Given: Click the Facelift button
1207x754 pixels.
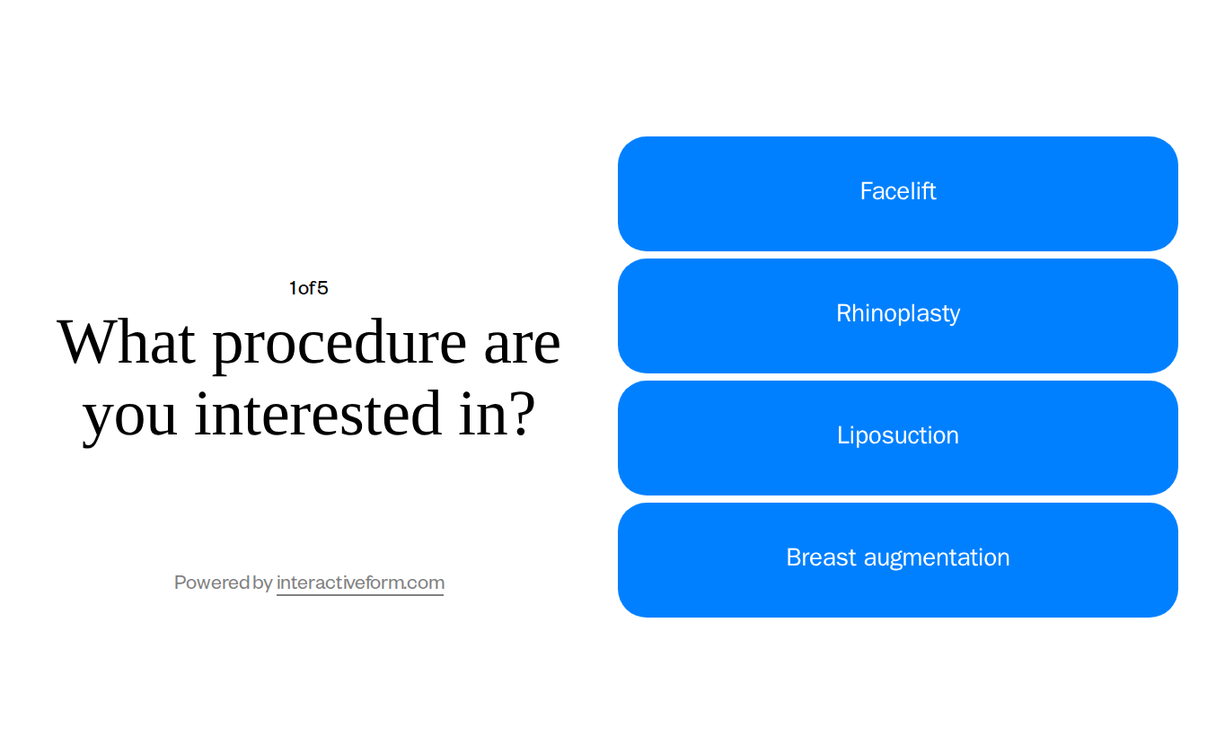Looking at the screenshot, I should click(x=898, y=193).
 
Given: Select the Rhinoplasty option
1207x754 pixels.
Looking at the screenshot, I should click(x=898, y=314).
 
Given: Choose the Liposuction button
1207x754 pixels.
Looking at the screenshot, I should click(x=898, y=436).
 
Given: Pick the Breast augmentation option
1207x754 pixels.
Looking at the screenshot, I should click(x=898, y=558).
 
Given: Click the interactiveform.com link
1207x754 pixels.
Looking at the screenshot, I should click(x=360, y=583).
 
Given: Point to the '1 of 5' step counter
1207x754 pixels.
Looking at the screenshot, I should click(x=308, y=288).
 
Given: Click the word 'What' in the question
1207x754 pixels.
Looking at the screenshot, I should click(x=127, y=343).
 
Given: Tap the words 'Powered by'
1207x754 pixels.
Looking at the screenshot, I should click(x=223, y=583).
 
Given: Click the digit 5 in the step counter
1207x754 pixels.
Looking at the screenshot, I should click(x=322, y=288).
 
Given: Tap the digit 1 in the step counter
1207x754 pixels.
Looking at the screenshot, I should click(x=293, y=288).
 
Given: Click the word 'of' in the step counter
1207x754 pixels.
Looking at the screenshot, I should click(x=307, y=288).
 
